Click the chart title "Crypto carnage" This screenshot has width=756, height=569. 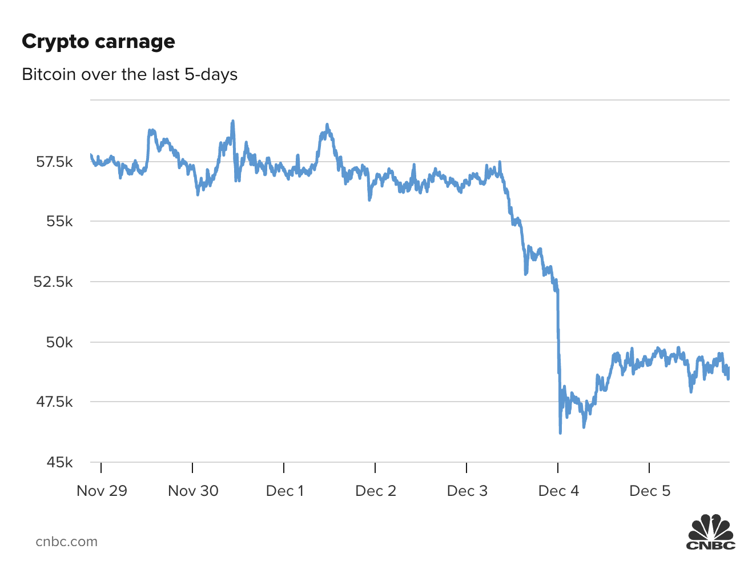(x=98, y=42)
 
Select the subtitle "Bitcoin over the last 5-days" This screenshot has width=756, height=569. (x=130, y=74)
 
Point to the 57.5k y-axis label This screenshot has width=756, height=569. (x=54, y=162)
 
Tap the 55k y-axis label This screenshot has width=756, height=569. (x=59, y=222)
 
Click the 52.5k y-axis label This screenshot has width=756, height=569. (x=53, y=282)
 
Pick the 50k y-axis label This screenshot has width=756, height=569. (x=59, y=342)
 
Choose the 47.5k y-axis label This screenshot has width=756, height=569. (x=54, y=402)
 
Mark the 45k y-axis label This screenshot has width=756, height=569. (x=59, y=462)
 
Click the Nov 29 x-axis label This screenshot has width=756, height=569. (x=102, y=491)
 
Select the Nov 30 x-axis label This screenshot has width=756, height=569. (x=193, y=491)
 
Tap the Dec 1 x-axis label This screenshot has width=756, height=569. (x=284, y=491)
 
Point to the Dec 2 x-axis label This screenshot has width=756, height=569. (x=375, y=491)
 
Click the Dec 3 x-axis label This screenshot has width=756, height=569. (x=467, y=491)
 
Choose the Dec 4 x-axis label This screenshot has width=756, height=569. (x=558, y=491)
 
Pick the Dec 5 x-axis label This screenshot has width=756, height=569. (x=650, y=491)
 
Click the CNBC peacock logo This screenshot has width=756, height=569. (x=711, y=532)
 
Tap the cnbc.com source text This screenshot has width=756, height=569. (x=66, y=542)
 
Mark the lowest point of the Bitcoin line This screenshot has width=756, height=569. (x=560, y=432)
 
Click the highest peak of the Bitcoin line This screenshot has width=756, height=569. (x=233, y=121)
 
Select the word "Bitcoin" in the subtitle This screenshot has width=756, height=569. (x=49, y=74)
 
